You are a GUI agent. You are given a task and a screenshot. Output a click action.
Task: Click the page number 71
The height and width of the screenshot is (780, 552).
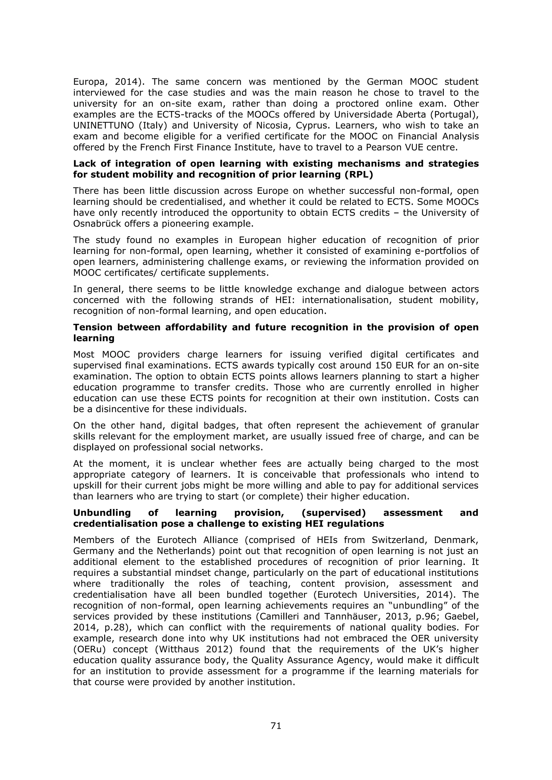point(276,726)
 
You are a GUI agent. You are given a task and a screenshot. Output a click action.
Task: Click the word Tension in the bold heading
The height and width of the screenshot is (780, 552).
point(93,327)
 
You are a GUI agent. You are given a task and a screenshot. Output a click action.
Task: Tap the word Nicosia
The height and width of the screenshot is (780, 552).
point(270,125)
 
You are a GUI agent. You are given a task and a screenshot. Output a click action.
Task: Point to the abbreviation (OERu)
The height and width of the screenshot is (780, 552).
point(89,649)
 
